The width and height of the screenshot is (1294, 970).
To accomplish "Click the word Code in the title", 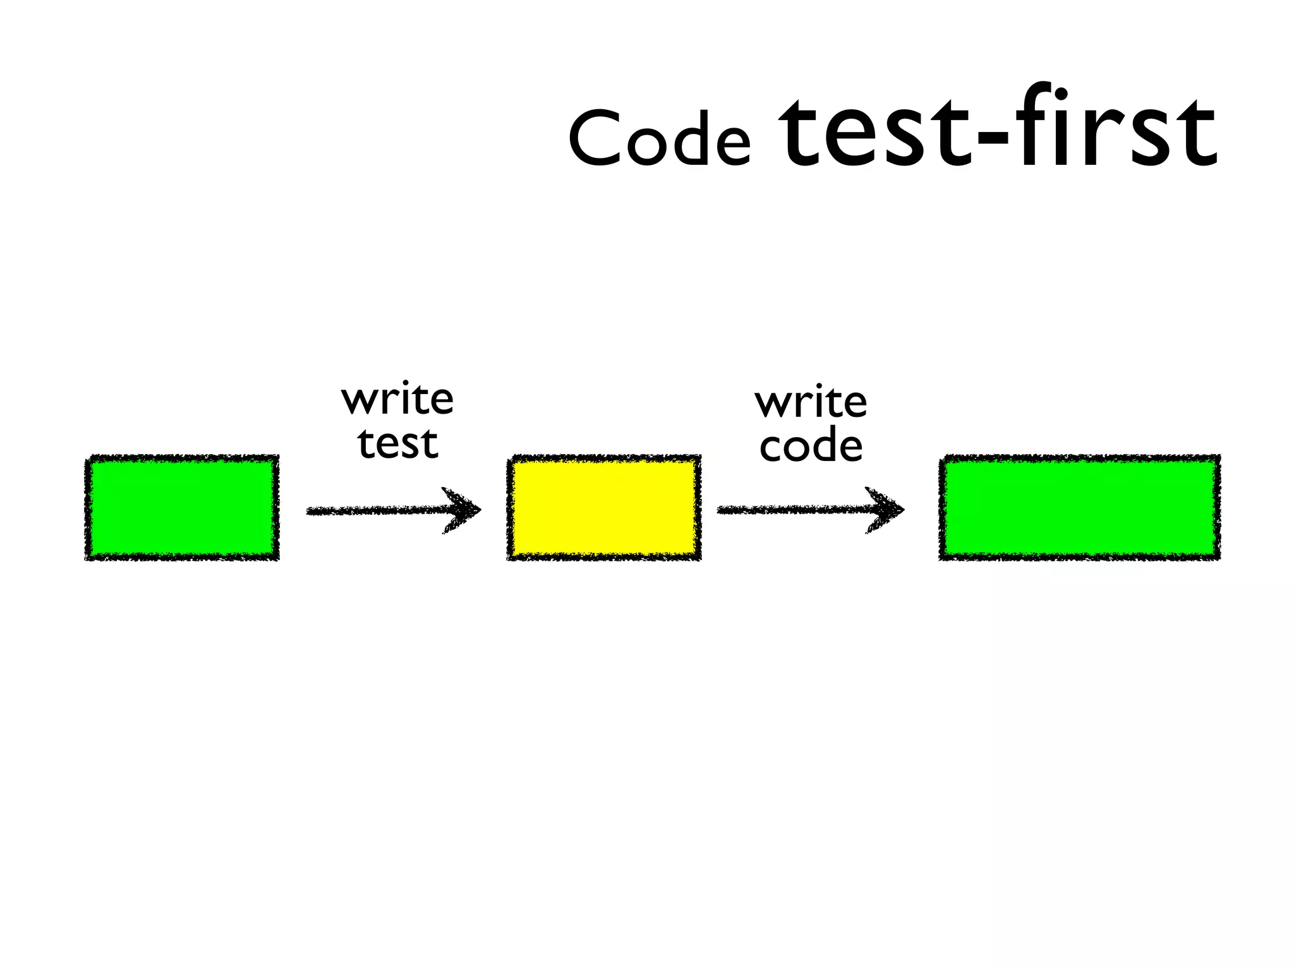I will pos(659,138).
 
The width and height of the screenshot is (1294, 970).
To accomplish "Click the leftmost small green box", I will pos(182,507).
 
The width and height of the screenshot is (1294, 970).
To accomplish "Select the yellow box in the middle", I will pos(604,507).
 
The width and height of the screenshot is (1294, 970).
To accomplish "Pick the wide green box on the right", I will pos(1079,507).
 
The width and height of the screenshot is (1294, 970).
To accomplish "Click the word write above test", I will pos(397,400).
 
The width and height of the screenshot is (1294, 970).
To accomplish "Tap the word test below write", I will pos(397,443).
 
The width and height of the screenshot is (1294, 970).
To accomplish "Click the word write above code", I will pos(811,402).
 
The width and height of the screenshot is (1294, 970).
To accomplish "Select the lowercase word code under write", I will pos(811,446).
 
